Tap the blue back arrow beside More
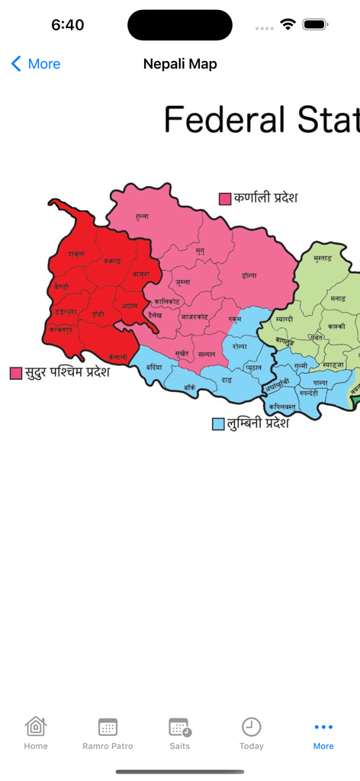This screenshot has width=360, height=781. (16, 64)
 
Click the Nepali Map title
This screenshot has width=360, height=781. (180, 64)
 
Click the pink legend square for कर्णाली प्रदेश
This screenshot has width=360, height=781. (225, 199)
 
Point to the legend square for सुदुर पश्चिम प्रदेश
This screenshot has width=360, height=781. (16, 373)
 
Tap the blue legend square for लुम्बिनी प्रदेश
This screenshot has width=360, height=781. (218, 423)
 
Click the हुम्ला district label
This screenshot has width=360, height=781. (141, 217)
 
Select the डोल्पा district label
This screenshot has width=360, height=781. (249, 275)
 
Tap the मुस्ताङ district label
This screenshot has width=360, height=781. (322, 259)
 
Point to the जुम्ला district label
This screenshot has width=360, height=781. (182, 281)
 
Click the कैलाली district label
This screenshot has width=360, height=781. (117, 357)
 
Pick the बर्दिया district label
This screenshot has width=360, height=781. (154, 367)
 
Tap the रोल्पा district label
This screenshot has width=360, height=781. (239, 346)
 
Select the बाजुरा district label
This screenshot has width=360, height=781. (141, 273)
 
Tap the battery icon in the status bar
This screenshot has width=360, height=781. (314, 24)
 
